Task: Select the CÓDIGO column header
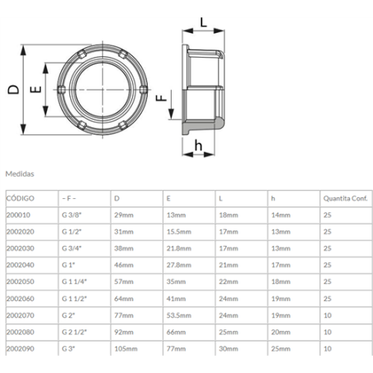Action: point(21,199)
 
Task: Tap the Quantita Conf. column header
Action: point(344,199)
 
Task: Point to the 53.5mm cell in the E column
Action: point(180,315)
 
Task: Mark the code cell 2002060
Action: point(20,299)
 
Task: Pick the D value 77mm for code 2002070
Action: point(124,315)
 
